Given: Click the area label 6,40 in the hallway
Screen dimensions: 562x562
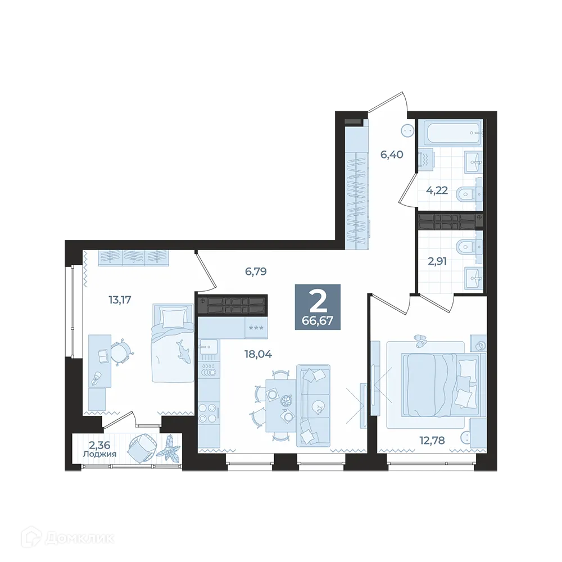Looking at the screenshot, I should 392,154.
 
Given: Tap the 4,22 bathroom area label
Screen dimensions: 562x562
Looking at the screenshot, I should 437,190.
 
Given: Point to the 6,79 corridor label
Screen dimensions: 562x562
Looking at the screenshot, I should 255,271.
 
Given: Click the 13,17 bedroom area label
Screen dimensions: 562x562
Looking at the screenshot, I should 119,300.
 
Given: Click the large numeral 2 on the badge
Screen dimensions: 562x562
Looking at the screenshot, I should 318,302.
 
